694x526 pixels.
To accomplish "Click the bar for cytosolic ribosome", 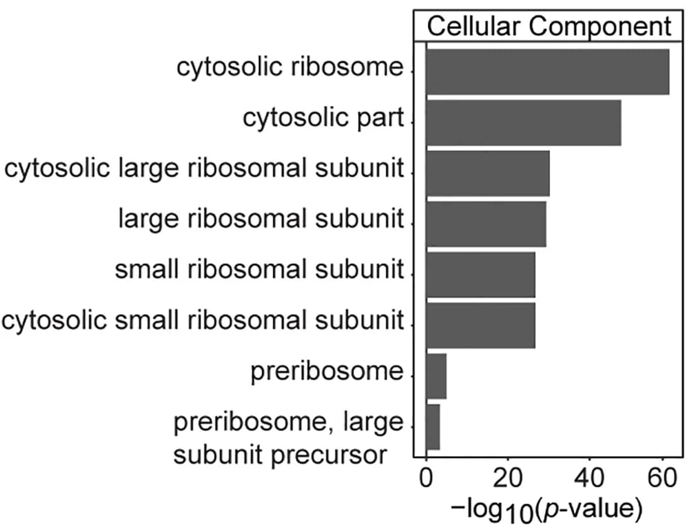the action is click(547, 72).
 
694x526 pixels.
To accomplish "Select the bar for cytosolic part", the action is click(524, 123).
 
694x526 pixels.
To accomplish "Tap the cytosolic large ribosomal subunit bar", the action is click(488, 173).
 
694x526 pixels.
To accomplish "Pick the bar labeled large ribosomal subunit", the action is click(486, 224).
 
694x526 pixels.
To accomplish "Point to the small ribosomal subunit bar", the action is click(481, 275).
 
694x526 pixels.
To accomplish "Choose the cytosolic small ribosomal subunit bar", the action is click(481, 326).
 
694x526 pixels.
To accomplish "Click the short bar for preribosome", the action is click(436, 376).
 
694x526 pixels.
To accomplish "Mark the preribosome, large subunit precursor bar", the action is click(433, 427).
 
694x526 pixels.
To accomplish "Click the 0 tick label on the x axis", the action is click(426, 478).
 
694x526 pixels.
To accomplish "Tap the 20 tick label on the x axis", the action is click(507, 478).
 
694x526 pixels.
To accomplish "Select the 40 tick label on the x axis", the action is click(589, 478).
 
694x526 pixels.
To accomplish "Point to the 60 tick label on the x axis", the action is click(663, 478).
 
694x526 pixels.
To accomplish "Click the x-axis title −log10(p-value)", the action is click(547, 510).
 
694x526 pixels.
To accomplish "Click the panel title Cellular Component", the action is click(549, 26).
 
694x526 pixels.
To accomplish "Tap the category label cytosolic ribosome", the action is click(290, 68).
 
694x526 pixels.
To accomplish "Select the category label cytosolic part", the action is click(323, 119).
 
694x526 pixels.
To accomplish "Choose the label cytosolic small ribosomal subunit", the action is click(202, 320).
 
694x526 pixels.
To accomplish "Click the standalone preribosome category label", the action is click(327, 372).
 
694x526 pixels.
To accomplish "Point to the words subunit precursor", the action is click(280, 455).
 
